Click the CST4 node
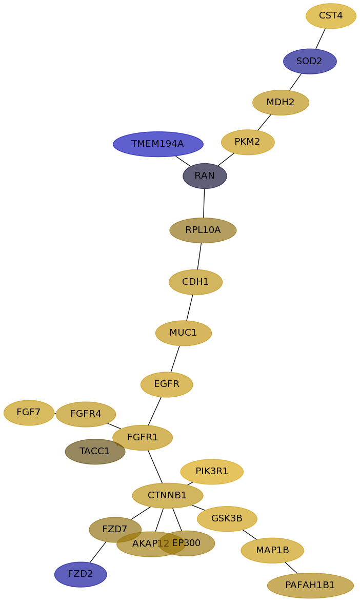[331, 16]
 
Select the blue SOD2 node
[310, 62]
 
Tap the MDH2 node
[281, 103]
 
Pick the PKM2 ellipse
[248, 142]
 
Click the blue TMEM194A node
[158, 144]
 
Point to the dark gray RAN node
[205, 176]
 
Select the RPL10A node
[203, 230]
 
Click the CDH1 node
[195, 282]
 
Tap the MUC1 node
[184, 333]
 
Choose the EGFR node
[167, 384]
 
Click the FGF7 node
[29, 413]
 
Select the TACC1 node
[95, 452]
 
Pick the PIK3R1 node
[212, 472]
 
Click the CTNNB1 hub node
[168, 496]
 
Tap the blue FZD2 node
[81, 574]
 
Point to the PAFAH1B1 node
[310, 586]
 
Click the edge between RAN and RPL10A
[204, 203]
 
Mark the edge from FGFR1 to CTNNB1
[155, 467]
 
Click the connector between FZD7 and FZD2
[98, 552]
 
